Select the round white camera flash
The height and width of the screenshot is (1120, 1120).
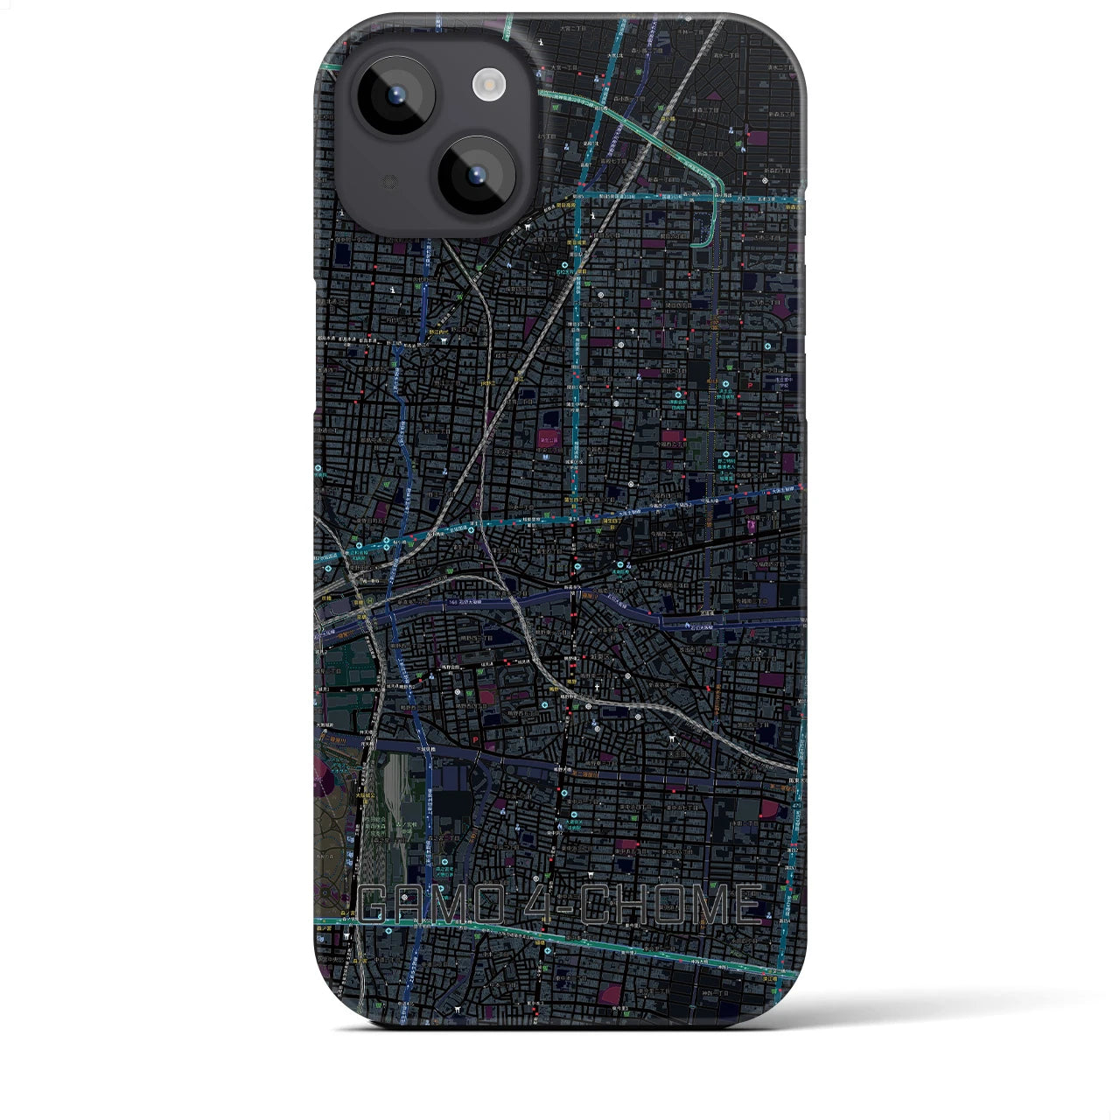click(487, 84)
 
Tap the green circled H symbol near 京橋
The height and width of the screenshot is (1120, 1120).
click(370, 600)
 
